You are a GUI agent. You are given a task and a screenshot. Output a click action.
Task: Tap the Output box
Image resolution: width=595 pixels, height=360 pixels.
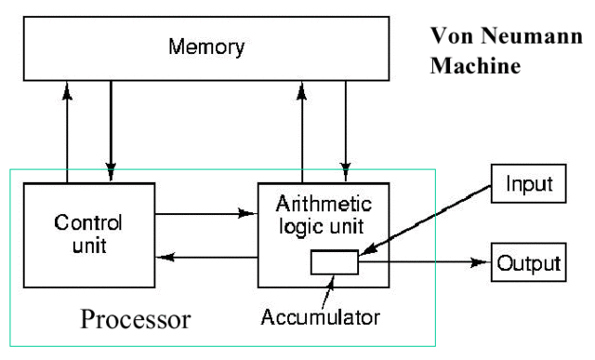click(x=527, y=262)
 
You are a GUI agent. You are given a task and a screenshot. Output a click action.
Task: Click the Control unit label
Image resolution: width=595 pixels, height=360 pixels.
click(x=87, y=234)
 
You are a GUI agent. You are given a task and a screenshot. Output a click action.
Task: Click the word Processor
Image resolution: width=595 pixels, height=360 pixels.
click(x=136, y=320)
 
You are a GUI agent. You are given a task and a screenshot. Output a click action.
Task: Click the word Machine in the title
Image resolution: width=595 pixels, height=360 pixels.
click(x=474, y=69)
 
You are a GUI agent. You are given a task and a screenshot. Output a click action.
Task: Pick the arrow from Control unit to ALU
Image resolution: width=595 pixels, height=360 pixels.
click(x=205, y=213)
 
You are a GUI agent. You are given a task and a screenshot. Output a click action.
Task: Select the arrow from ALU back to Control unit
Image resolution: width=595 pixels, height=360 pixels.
click(x=205, y=256)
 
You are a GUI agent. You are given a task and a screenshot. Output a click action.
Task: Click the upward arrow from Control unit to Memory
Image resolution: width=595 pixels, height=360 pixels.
click(x=68, y=130)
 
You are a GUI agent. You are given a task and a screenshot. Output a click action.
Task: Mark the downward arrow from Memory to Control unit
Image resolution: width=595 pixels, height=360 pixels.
click(x=111, y=130)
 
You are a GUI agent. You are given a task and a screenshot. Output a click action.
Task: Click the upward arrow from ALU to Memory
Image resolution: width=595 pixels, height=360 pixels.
click(x=302, y=130)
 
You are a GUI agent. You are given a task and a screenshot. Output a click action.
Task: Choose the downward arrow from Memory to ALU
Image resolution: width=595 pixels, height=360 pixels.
click(x=346, y=130)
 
